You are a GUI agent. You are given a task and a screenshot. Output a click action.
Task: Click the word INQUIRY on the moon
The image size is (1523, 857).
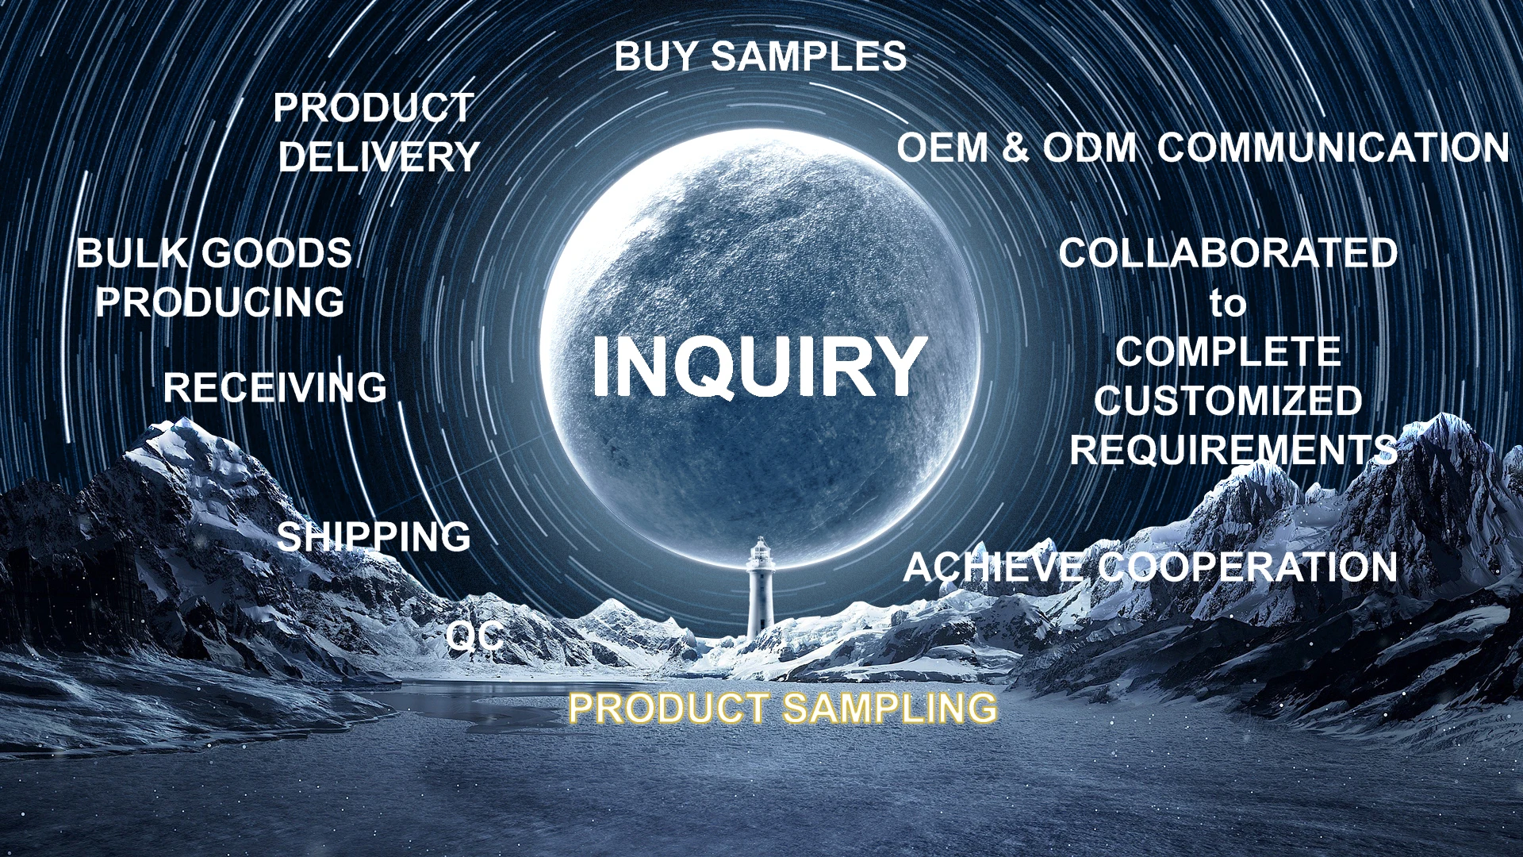click(x=759, y=366)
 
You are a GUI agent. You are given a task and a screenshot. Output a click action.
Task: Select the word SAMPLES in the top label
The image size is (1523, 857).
click(x=809, y=57)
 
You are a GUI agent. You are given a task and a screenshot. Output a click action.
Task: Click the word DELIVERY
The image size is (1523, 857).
click(x=379, y=157)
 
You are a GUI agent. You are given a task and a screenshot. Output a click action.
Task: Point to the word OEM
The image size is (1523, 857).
click(x=942, y=148)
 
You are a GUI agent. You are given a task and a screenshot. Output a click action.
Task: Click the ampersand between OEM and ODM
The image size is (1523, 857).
click(x=1015, y=148)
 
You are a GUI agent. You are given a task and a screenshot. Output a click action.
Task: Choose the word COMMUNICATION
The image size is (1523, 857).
click(x=1333, y=148)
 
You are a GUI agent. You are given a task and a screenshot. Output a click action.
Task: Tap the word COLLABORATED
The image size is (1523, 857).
click(x=1228, y=254)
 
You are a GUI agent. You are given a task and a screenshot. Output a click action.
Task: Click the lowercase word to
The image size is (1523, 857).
click(x=1228, y=304)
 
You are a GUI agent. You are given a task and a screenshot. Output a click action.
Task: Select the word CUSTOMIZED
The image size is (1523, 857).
click(x=1228, y=402)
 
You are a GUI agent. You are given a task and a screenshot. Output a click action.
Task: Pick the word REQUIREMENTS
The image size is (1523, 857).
click(x=1233, y=451)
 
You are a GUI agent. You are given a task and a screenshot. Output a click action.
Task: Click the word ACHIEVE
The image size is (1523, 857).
click(x=993, y=568)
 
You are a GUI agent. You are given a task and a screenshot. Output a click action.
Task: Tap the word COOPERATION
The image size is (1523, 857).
click(x=1248, y=568)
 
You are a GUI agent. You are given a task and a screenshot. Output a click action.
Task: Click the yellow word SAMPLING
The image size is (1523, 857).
click(x=890, y=708)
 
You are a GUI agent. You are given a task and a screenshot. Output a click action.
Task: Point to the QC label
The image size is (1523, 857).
click(x=474, y=636)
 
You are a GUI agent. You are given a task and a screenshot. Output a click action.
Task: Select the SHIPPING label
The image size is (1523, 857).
click(x=374, y=537)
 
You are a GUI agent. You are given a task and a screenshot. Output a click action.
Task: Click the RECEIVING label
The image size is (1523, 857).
click(x=275, y=388)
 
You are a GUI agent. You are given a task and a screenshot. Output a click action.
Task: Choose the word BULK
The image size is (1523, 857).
click(x=132, y=254)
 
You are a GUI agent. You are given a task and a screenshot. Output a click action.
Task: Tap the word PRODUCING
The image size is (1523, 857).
click(x=220, y=302)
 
